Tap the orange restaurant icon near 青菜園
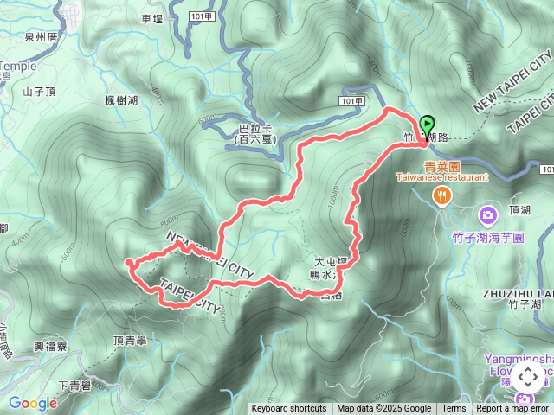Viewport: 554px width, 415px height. click(442, 196)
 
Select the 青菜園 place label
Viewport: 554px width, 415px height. click(441, 165)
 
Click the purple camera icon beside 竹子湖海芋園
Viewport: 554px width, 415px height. click(488, 213)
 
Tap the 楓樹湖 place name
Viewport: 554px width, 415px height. click(121, 101)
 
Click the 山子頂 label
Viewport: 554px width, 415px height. click(40, 90)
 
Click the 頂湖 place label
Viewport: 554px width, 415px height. click(520, 209)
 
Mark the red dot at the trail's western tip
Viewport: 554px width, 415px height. click(129, 261)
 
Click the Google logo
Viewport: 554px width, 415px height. click(32, 403)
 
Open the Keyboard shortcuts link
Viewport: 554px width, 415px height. click(289, 409)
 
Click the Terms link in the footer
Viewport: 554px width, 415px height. click(454, 409)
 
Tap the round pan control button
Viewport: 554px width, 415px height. click(527, 378)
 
